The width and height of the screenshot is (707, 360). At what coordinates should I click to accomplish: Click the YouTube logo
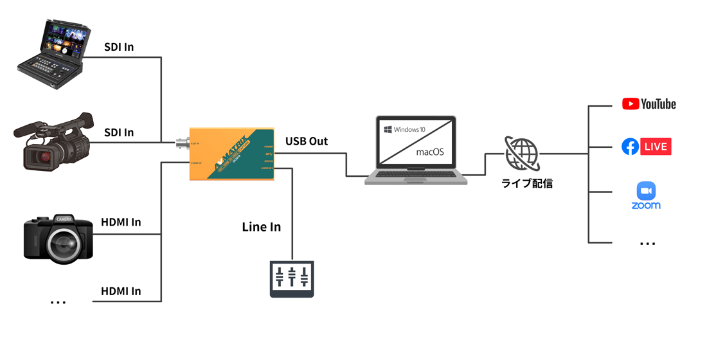pos(649,104)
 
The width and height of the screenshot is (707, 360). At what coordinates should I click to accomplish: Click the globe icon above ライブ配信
pos(521,153)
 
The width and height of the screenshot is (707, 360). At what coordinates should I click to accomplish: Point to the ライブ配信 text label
pos(527,183)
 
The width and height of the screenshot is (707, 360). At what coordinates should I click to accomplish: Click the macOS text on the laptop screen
pos(431,152)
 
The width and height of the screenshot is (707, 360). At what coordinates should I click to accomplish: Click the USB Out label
pos(307,141)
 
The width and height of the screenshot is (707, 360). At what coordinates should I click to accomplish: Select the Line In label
pos(261,227)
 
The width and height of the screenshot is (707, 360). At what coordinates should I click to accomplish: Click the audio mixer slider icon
pos(292,278)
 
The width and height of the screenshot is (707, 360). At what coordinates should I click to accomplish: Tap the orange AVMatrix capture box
pos(232,154)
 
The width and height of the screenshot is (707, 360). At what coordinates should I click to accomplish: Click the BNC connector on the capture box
pos(183,143)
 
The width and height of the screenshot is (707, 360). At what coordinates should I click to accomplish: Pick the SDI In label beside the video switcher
pos(119,48)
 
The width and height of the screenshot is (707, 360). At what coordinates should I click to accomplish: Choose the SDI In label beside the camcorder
pos(119,132)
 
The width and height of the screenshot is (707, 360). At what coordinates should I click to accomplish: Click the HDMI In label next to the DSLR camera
pos(121,222)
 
